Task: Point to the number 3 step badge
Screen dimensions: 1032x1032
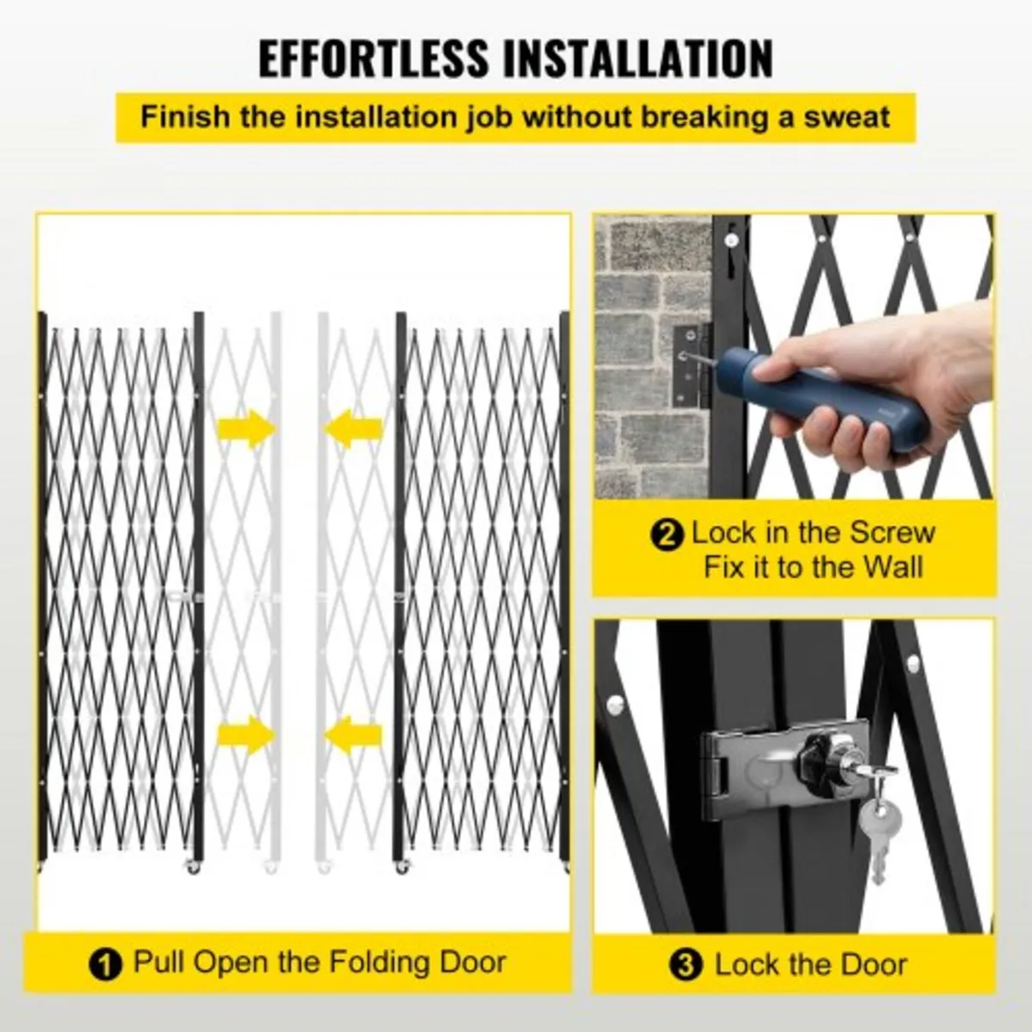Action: (685, 965)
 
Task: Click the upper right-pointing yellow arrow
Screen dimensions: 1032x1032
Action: (246, 427)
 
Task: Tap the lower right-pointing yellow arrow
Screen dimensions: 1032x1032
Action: (246, 735)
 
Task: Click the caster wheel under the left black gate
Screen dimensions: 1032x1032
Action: (192, 867)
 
